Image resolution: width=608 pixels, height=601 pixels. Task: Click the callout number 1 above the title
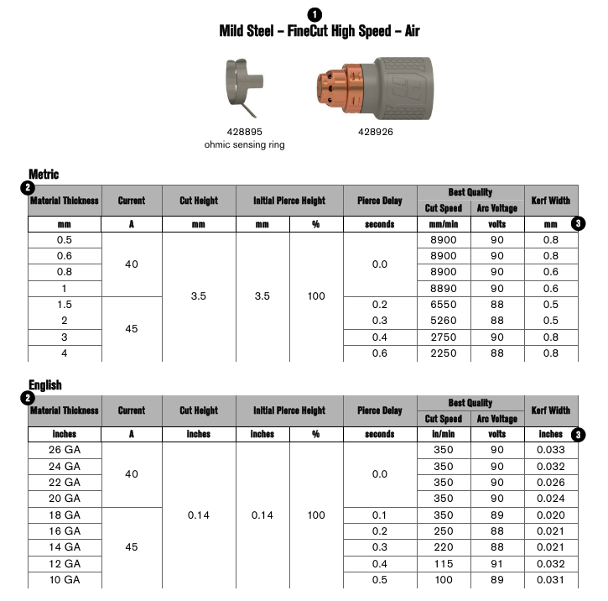click(314, 14)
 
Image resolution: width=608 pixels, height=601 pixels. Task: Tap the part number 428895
click(245, 132)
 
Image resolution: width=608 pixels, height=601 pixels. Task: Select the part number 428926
click(375, 132)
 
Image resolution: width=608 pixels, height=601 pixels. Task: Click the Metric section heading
click(44, 174)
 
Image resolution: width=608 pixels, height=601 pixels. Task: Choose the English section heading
click(45, 384)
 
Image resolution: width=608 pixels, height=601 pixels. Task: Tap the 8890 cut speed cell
click(443, 289)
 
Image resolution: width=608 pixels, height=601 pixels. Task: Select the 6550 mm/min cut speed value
click(443, 305)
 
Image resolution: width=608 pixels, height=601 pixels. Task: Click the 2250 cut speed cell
click(443, 353)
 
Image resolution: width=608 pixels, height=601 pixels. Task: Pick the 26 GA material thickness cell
click(65, 450)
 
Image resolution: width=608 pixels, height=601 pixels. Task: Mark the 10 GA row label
click(65, 580)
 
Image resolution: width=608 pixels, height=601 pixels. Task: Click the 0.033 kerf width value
click(551, 450)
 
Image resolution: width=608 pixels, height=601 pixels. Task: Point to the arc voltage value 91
click(497, 564)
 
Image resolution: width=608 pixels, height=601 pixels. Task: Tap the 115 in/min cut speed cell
click(443, 564)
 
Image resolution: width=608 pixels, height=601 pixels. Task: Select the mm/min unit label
click(443, 225)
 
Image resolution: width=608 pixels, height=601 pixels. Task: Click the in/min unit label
click(443, 435)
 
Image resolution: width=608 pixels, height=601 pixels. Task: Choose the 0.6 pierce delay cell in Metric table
click(380, 353)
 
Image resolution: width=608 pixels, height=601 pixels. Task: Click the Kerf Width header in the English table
click(551, 410)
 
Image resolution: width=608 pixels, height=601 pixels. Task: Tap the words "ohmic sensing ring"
click(245, 144)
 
